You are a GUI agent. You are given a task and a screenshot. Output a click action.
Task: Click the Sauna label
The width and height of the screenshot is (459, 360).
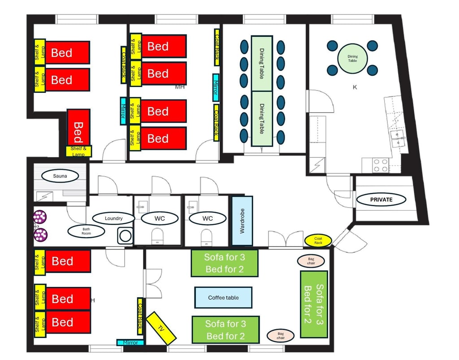[60, 176]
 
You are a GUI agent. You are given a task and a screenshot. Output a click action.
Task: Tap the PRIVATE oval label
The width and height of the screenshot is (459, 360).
[381, 200]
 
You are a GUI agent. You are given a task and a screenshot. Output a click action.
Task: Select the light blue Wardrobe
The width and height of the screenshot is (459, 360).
[242, 221]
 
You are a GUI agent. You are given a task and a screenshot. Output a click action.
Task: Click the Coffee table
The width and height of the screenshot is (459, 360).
[223, 297]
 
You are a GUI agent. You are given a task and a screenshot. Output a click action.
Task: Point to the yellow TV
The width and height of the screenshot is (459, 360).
[161, 328]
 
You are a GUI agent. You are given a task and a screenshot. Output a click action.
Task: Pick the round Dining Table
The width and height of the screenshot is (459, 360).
[352, 59]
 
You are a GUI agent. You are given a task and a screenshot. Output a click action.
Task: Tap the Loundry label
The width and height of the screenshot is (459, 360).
[113, 218]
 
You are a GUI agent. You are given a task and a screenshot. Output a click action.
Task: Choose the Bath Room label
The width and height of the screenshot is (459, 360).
[87, 231]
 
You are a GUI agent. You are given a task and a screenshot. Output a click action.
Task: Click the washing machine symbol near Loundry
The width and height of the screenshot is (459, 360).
[126, 236]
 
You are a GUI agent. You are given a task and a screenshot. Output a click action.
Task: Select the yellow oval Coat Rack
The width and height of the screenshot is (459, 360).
[318, 241]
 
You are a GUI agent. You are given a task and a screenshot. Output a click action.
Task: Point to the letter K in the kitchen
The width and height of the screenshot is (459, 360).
[355, 87]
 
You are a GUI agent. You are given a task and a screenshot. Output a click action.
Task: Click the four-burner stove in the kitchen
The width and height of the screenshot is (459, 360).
[381, 165]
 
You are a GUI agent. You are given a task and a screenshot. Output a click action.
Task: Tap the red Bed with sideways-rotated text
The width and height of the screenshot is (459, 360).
[78, 127]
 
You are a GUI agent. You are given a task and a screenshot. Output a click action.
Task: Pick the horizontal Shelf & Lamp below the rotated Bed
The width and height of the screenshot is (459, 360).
[78, 152]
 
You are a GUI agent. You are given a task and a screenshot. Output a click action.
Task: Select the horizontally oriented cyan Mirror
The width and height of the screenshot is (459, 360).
[130, 343]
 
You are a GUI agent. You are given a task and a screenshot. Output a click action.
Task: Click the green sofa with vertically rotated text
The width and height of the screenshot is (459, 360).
[314, 304]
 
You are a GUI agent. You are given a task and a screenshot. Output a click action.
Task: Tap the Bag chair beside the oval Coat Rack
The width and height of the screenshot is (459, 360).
[311, 261]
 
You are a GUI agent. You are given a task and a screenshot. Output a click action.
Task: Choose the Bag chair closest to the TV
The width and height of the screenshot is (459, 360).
[281, 335]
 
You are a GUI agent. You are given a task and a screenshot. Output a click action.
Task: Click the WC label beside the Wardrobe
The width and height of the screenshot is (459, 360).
[208, 218]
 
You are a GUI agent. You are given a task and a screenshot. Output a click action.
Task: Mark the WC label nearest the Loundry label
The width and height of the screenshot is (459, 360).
[160, 218]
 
